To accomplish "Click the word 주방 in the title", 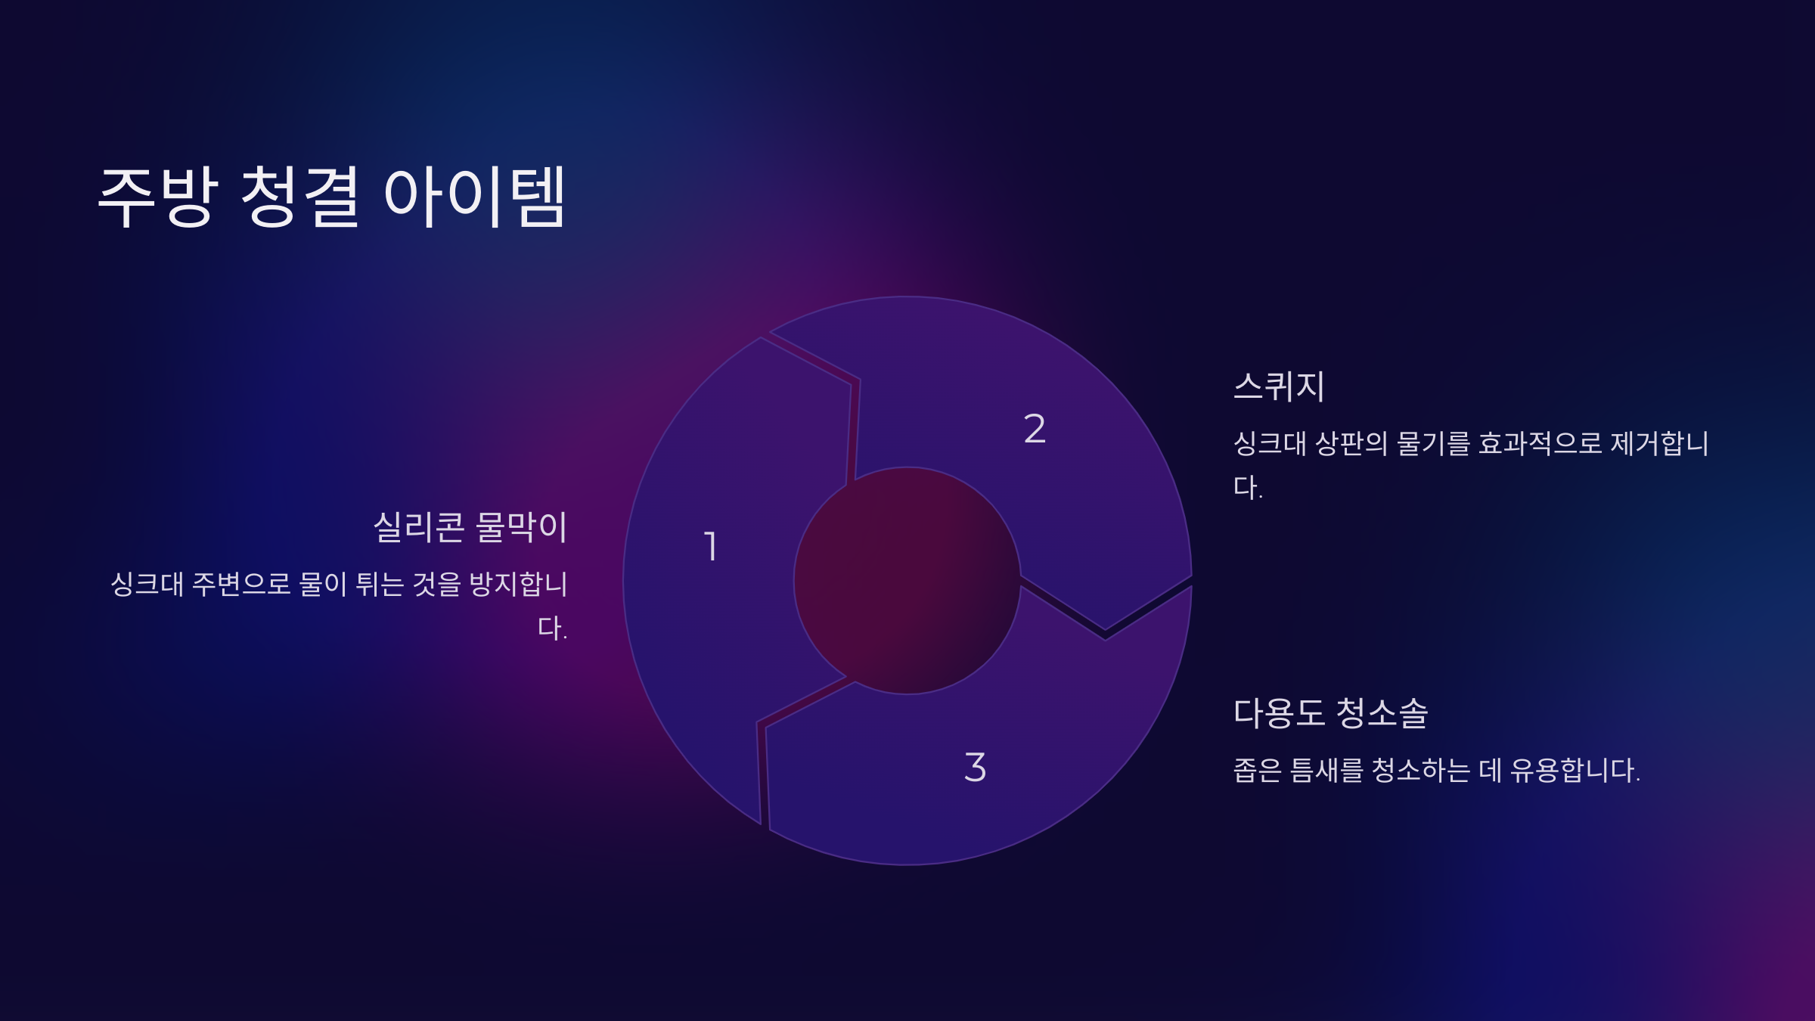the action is (159, 197).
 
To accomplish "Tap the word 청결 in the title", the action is (299, 197).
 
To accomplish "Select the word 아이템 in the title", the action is (474, 197).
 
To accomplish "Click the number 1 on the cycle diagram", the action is (711, 546).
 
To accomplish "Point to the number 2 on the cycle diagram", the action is (1035, 429).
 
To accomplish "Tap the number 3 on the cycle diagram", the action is (976, 767).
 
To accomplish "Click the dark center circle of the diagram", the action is (907, 580).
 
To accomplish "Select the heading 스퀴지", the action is (1279, 386).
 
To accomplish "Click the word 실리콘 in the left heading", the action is (419, 527).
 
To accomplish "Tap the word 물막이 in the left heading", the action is (521, 527).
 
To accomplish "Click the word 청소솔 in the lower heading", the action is (1382, 713).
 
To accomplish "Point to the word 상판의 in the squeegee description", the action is (1351, 443).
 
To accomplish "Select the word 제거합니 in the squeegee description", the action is (1660, 443).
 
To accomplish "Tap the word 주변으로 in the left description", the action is (241, 584).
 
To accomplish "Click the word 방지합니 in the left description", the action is (518, 584).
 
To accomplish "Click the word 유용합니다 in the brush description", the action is (1575, 771).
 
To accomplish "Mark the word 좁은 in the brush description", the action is (1258, 771).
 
